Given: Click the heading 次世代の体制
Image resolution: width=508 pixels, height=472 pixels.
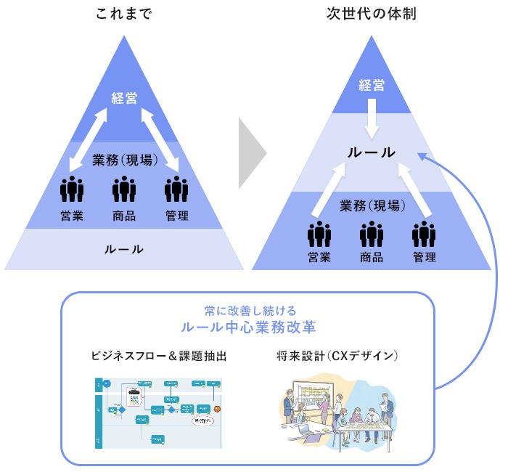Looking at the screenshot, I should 372,15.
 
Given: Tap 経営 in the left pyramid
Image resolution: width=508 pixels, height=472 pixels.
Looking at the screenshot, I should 124,98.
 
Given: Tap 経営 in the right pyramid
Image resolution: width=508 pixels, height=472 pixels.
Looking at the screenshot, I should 372,85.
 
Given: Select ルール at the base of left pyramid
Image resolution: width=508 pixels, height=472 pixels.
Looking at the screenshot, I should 123,249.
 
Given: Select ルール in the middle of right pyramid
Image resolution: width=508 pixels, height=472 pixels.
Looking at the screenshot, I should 372,152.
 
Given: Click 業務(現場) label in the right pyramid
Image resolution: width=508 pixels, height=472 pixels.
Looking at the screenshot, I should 372,206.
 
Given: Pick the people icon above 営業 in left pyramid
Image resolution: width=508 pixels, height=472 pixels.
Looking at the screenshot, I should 72,190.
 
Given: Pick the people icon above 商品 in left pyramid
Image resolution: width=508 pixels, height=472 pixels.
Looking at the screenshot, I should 124,190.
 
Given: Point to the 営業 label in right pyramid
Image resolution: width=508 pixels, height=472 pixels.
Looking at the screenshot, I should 319,258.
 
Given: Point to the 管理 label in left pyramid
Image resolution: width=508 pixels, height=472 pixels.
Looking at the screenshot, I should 176,216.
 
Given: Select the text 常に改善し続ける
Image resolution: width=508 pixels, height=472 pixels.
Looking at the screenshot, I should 248,310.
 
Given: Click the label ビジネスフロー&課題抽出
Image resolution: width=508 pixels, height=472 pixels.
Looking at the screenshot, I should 160,357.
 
